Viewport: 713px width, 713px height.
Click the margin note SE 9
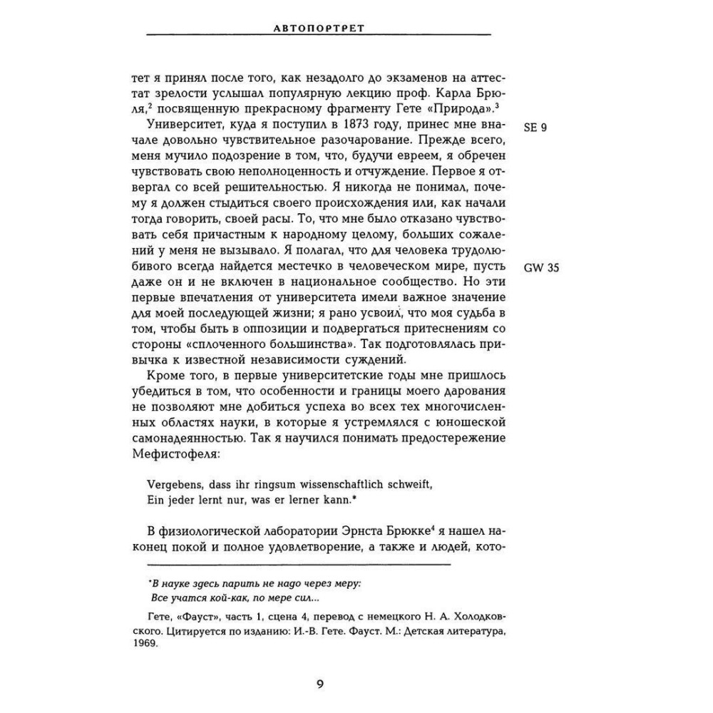535,128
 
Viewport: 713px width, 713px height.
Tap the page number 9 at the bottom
319,685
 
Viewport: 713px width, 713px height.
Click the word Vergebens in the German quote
168,484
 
